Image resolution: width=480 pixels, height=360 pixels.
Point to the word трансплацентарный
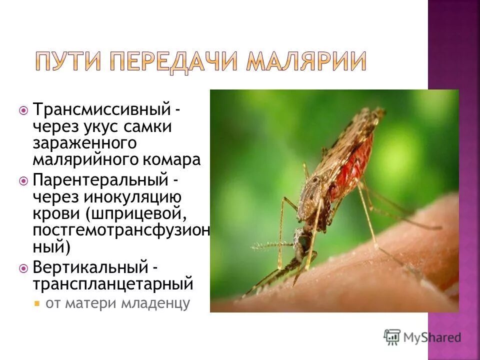point(113,284)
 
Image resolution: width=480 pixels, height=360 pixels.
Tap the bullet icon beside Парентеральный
point(23,179)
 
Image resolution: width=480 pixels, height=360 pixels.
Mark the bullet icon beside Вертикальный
point(23,268)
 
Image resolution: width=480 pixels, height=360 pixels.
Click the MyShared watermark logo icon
point(392,337)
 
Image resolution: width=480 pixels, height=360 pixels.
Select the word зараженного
point(84,143)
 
